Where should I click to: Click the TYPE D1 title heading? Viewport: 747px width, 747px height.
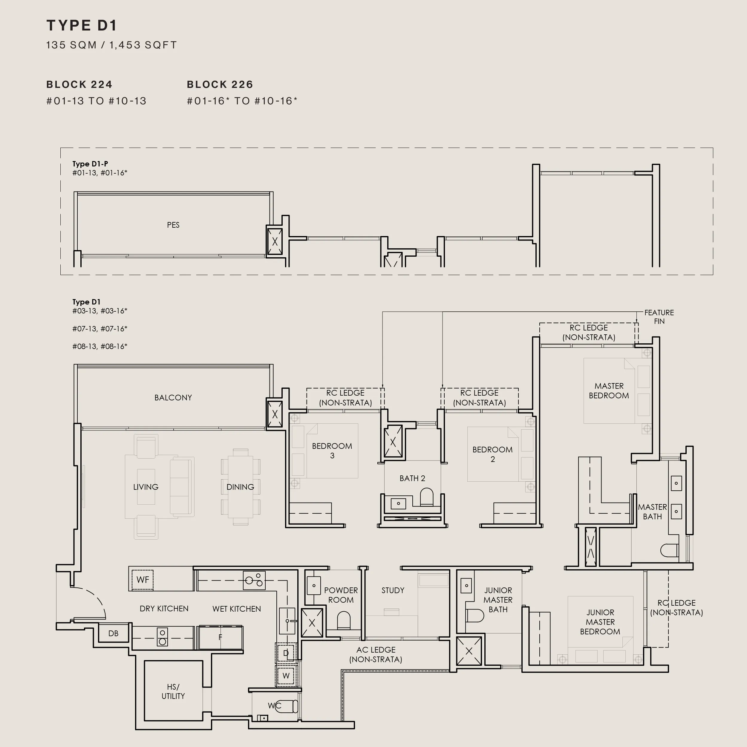tap(82, 25)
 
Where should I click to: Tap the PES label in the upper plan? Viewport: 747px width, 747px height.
tap(173, 225)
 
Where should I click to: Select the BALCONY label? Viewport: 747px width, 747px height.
tap(173, 397)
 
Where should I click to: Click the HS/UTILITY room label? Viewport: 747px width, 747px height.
tap(173, 691)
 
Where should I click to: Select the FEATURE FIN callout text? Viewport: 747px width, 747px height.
tap(659, 317)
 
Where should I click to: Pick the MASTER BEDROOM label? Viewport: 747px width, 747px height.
tap(609, 391)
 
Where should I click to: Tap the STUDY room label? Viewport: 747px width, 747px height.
tap(393, 590)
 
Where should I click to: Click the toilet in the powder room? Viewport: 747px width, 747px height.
tap(343, 621)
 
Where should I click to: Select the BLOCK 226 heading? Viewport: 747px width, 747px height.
tap(220, 85)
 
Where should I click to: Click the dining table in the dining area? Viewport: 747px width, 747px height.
tap(241, 487)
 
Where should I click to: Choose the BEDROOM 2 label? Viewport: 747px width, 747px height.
tap(493, 454)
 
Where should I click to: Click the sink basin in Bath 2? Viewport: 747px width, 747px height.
tap(398, 503)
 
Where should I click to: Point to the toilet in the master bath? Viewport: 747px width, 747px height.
tap(670, 550)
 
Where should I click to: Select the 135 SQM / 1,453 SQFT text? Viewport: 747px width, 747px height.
tap(111, 45)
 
